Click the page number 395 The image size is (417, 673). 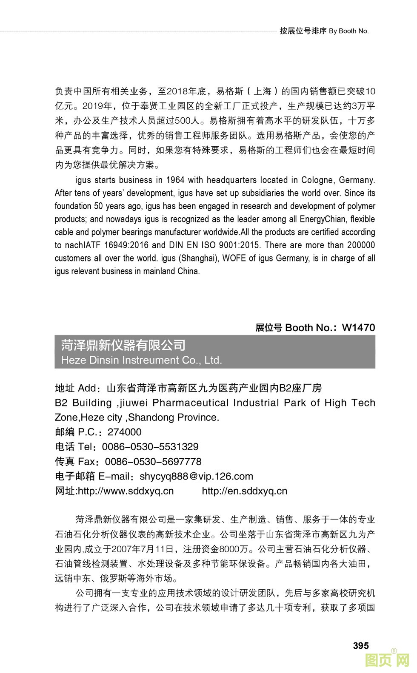tap(360, 646)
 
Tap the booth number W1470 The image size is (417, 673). tap(358, 327)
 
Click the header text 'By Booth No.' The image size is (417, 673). tap(349, 31)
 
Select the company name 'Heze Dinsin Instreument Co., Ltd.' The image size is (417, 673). tap(142, 360)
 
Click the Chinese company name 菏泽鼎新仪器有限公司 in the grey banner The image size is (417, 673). tap(123, 345)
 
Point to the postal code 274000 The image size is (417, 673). tap(124, 432)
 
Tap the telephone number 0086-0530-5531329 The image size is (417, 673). tap(150, 447)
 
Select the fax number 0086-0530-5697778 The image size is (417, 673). tap(153, 462)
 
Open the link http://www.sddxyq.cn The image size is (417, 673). tap(126, 491)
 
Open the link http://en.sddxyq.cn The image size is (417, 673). tap(244, 491)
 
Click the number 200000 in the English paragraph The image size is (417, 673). tap(361, 245)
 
